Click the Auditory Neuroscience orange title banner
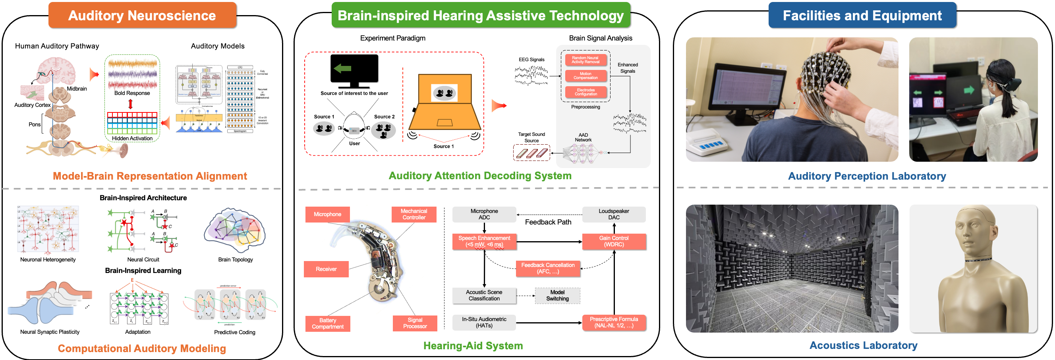coord(142,15)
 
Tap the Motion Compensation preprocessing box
coord(585,76)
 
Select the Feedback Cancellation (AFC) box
coord(548,268)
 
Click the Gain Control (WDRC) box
coord(614,241)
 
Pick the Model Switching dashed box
coord(557,295)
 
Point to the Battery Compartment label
coord(328,323)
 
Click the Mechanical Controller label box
coord(413,214)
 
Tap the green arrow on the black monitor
coord(342,68)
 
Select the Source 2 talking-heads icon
coord(383,131)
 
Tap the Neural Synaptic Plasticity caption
coord(50,332)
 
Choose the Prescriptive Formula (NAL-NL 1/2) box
coord(614,322)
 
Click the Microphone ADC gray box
coord(484,214)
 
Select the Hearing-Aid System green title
coord(473,346)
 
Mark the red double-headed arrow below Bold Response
coord(131,104)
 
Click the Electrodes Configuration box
coord(585,92)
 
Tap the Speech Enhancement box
coord(484,241)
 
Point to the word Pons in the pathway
coord(35,124)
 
